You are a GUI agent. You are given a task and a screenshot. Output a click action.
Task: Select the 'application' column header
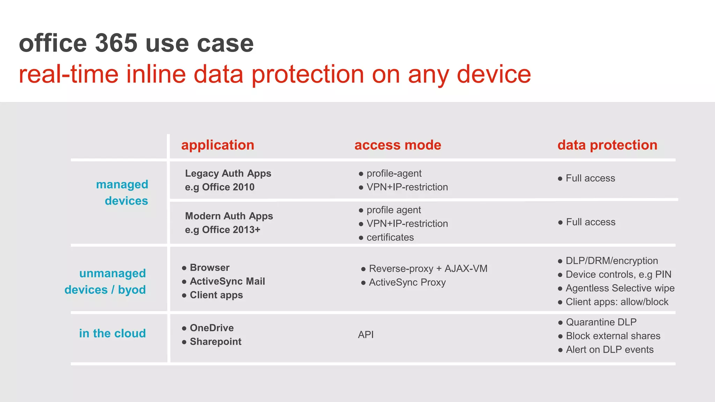pyautogui.click(x=218, y=145)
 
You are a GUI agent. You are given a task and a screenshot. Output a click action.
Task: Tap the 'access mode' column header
pyautogui.click(x=398, y=145)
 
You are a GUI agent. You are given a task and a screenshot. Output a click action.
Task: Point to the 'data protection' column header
pyautogui.click(x=607, y=145)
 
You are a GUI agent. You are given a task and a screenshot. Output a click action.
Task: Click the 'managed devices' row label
pyautogui.click(x=122, y=192)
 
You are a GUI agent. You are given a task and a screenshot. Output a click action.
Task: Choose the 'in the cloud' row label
pyautogui.click(x=112, y=333)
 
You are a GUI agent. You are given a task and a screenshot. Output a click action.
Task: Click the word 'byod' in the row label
pyautogui.click(x=132, y=290)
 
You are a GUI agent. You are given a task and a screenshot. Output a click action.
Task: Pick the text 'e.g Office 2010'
pyautogui.click(x=220, y=187)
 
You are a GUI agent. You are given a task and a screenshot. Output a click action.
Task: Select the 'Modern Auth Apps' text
pyautogui.click(x=229, y=216)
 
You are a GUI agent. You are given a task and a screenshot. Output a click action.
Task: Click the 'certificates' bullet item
pyautogui.click(x=390, y=237)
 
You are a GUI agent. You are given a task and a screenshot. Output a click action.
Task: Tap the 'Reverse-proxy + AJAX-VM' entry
pyautogui.click(x=428, y=269)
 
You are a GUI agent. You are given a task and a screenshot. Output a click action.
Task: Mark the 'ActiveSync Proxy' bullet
pyautogui.click(x=407, y=282)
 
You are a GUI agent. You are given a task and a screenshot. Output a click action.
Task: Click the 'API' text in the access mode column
pyautogui.click(x=366, y=335)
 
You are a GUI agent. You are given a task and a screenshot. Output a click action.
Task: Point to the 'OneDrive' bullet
pyautogui.click(x=212, y=328)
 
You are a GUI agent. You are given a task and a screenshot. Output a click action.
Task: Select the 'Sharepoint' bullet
pyautogui.click(x=215, y=342)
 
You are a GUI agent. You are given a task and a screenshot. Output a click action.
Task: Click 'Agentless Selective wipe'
pyautogui.click(x=620, y=288)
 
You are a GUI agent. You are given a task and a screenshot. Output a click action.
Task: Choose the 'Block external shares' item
pyautogui.click(x=613, y=336)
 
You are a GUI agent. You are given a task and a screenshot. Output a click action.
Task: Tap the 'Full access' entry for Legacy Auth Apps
pyautogui.click(x=590, y=178)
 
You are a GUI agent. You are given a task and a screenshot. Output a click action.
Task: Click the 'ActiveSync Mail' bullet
pyautogui.click(x=227, y=281)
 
